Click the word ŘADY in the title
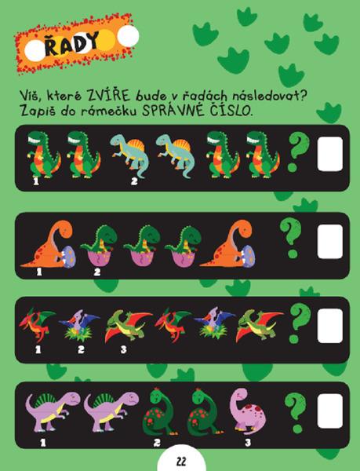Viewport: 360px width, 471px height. click(x=71, y=44)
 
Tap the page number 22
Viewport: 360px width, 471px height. click(x=181, y=461)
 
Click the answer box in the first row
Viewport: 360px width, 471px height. click(x=330, y=154)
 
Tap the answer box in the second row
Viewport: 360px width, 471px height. click(x=330, y=242)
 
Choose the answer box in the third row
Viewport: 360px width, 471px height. click(x=330, y=326)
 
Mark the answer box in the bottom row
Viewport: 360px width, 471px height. click(x=330, y=411)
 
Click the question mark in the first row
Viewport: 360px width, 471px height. click(x=298, y=152)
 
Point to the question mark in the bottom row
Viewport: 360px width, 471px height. click(x=295, y=412)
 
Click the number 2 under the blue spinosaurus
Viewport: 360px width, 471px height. click(x=134, y=181)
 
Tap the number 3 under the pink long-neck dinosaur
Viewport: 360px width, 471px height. click(x=248, y=443)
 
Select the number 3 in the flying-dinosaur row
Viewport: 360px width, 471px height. click(x=124, y=349)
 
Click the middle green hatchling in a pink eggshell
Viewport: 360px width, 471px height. click(x=142, y=246)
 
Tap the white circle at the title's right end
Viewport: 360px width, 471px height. click(x=129, y=36)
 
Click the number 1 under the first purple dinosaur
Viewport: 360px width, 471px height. click(x=43, y=443)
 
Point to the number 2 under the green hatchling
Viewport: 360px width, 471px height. click(x=97, y=272)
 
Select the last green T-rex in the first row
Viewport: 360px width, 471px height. click(x=262, y=155)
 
